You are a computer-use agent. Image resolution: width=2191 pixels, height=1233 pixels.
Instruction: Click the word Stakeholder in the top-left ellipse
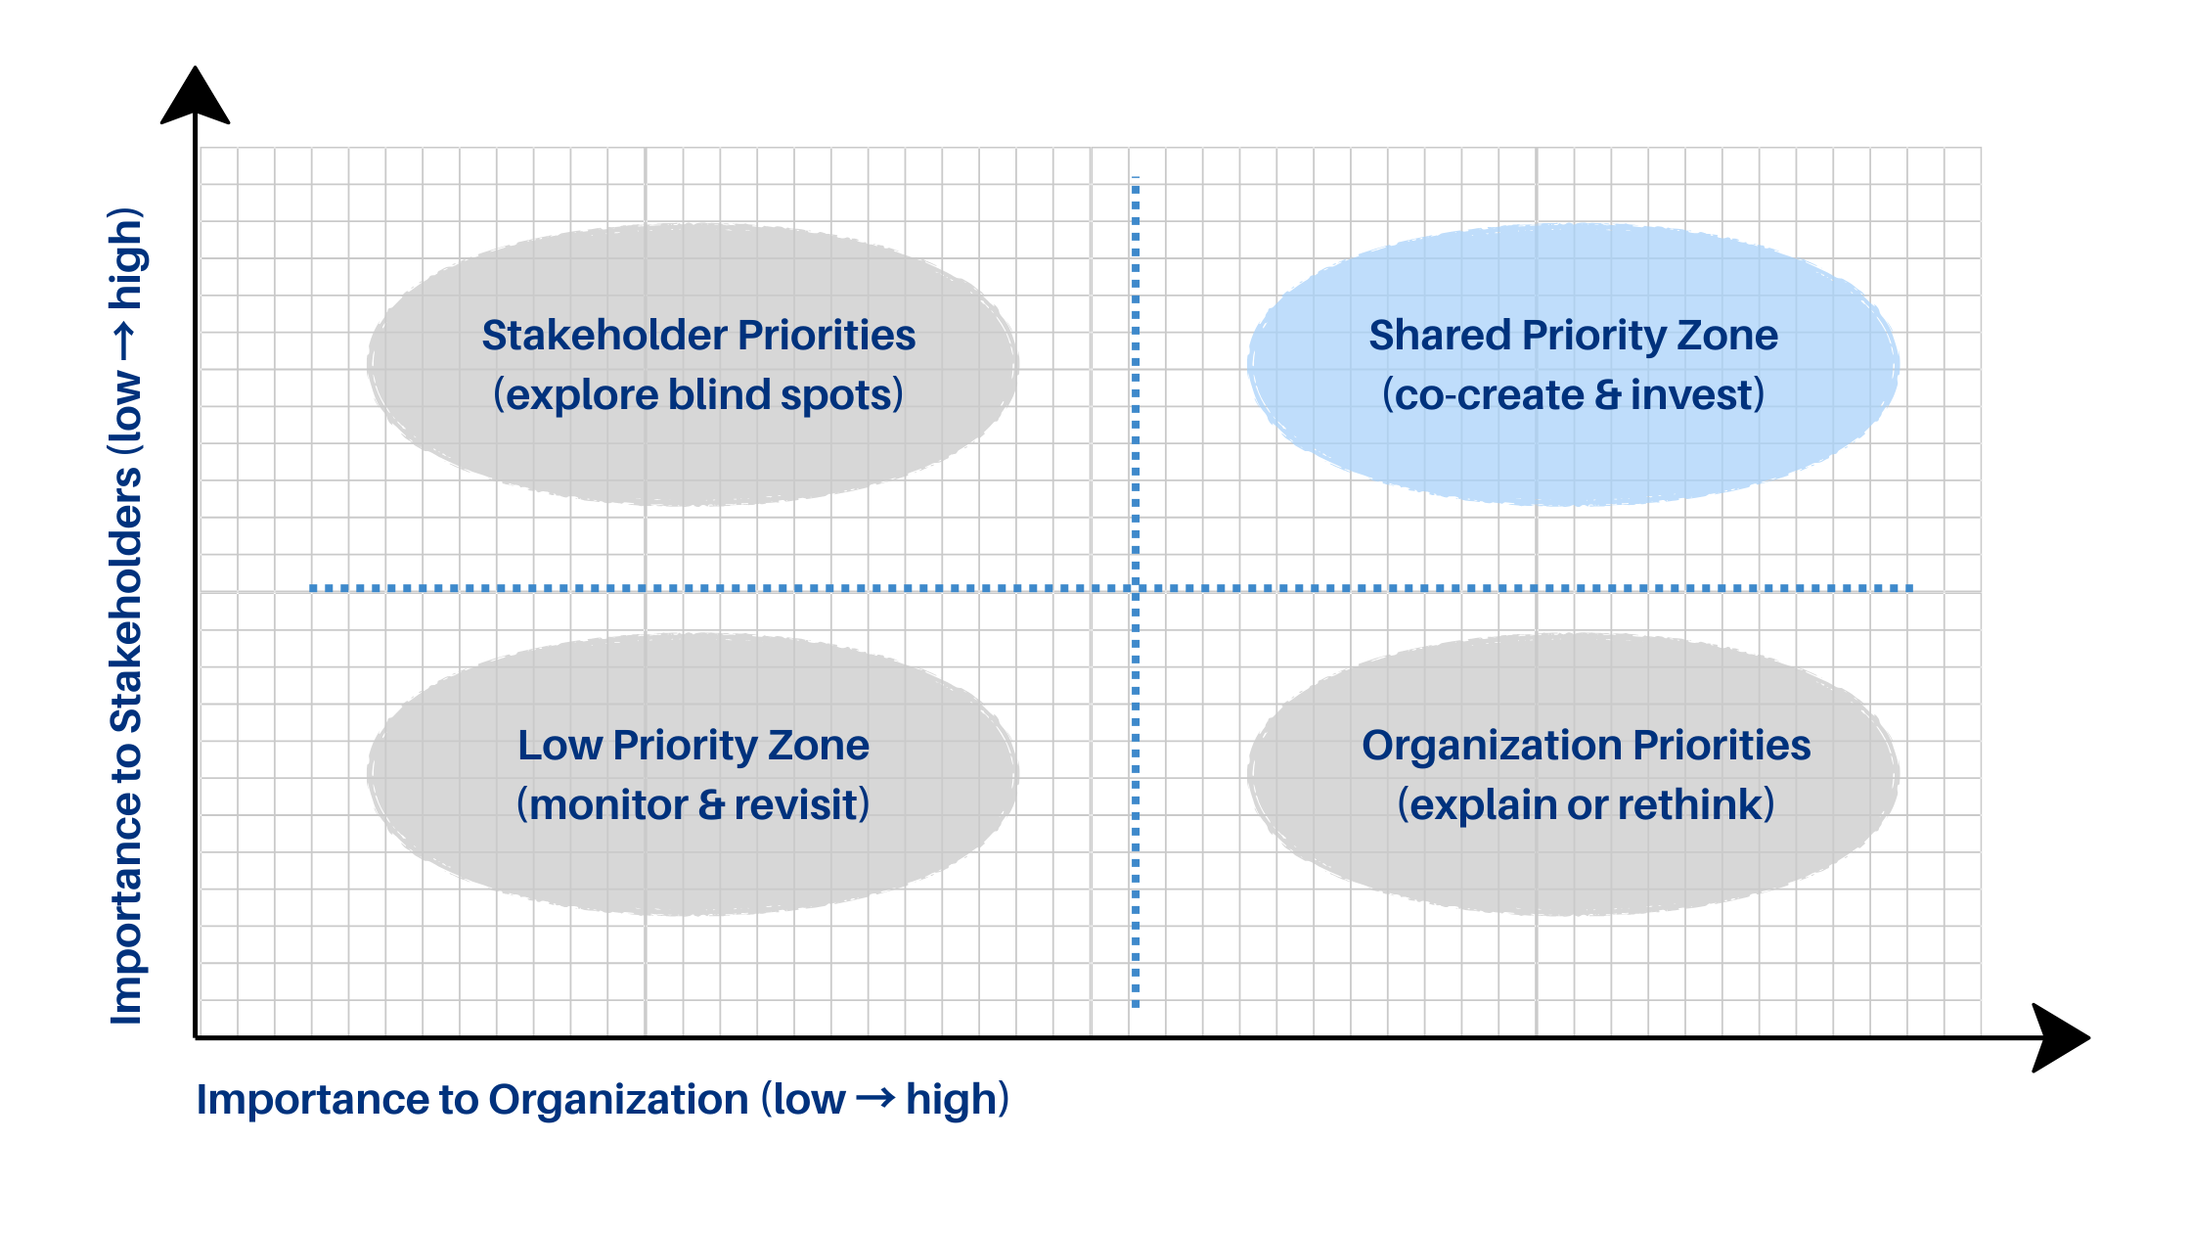click(604, 336)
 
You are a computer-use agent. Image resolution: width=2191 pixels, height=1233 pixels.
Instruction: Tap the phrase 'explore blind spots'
click(698, 395)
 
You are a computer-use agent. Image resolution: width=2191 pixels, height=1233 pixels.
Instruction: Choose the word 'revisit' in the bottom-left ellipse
click(796, 805)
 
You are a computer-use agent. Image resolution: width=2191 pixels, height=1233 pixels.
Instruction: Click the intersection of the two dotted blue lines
click(1136, 588)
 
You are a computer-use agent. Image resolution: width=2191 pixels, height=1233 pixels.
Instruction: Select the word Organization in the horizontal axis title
click(618, 1100)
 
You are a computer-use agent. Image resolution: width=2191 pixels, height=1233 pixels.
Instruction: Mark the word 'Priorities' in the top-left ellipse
click(827, 336)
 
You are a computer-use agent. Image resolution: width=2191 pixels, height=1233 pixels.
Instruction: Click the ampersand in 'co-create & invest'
click(1607, 395)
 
